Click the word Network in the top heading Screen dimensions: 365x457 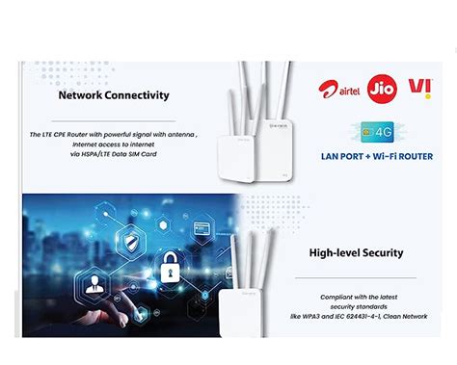(81, 95)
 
